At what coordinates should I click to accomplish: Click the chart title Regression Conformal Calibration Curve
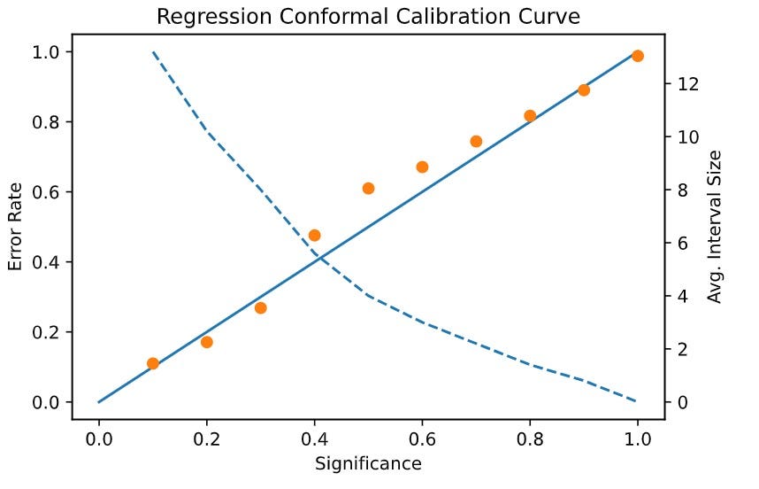(x=368, y=17)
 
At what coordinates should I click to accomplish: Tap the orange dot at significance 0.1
(x=153, y=363)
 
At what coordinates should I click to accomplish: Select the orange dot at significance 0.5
(x=368, y=188)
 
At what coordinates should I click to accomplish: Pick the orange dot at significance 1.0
(x=637, y=56)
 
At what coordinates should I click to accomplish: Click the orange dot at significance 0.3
(x=261, y=308)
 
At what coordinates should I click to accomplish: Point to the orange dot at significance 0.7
(x=476, y=142)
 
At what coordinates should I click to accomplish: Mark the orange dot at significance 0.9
(x=584, y=90)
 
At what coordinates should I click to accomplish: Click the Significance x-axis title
(x=368, y=463)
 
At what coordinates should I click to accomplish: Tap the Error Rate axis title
(x=15, y=227)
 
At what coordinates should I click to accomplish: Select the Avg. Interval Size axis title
(x=715, y=227)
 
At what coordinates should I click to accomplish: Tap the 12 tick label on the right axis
(x=688, y=84)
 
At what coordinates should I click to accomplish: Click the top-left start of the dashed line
(x=153, y=52)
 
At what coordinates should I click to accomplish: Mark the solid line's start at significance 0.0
(x=99, y=401)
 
